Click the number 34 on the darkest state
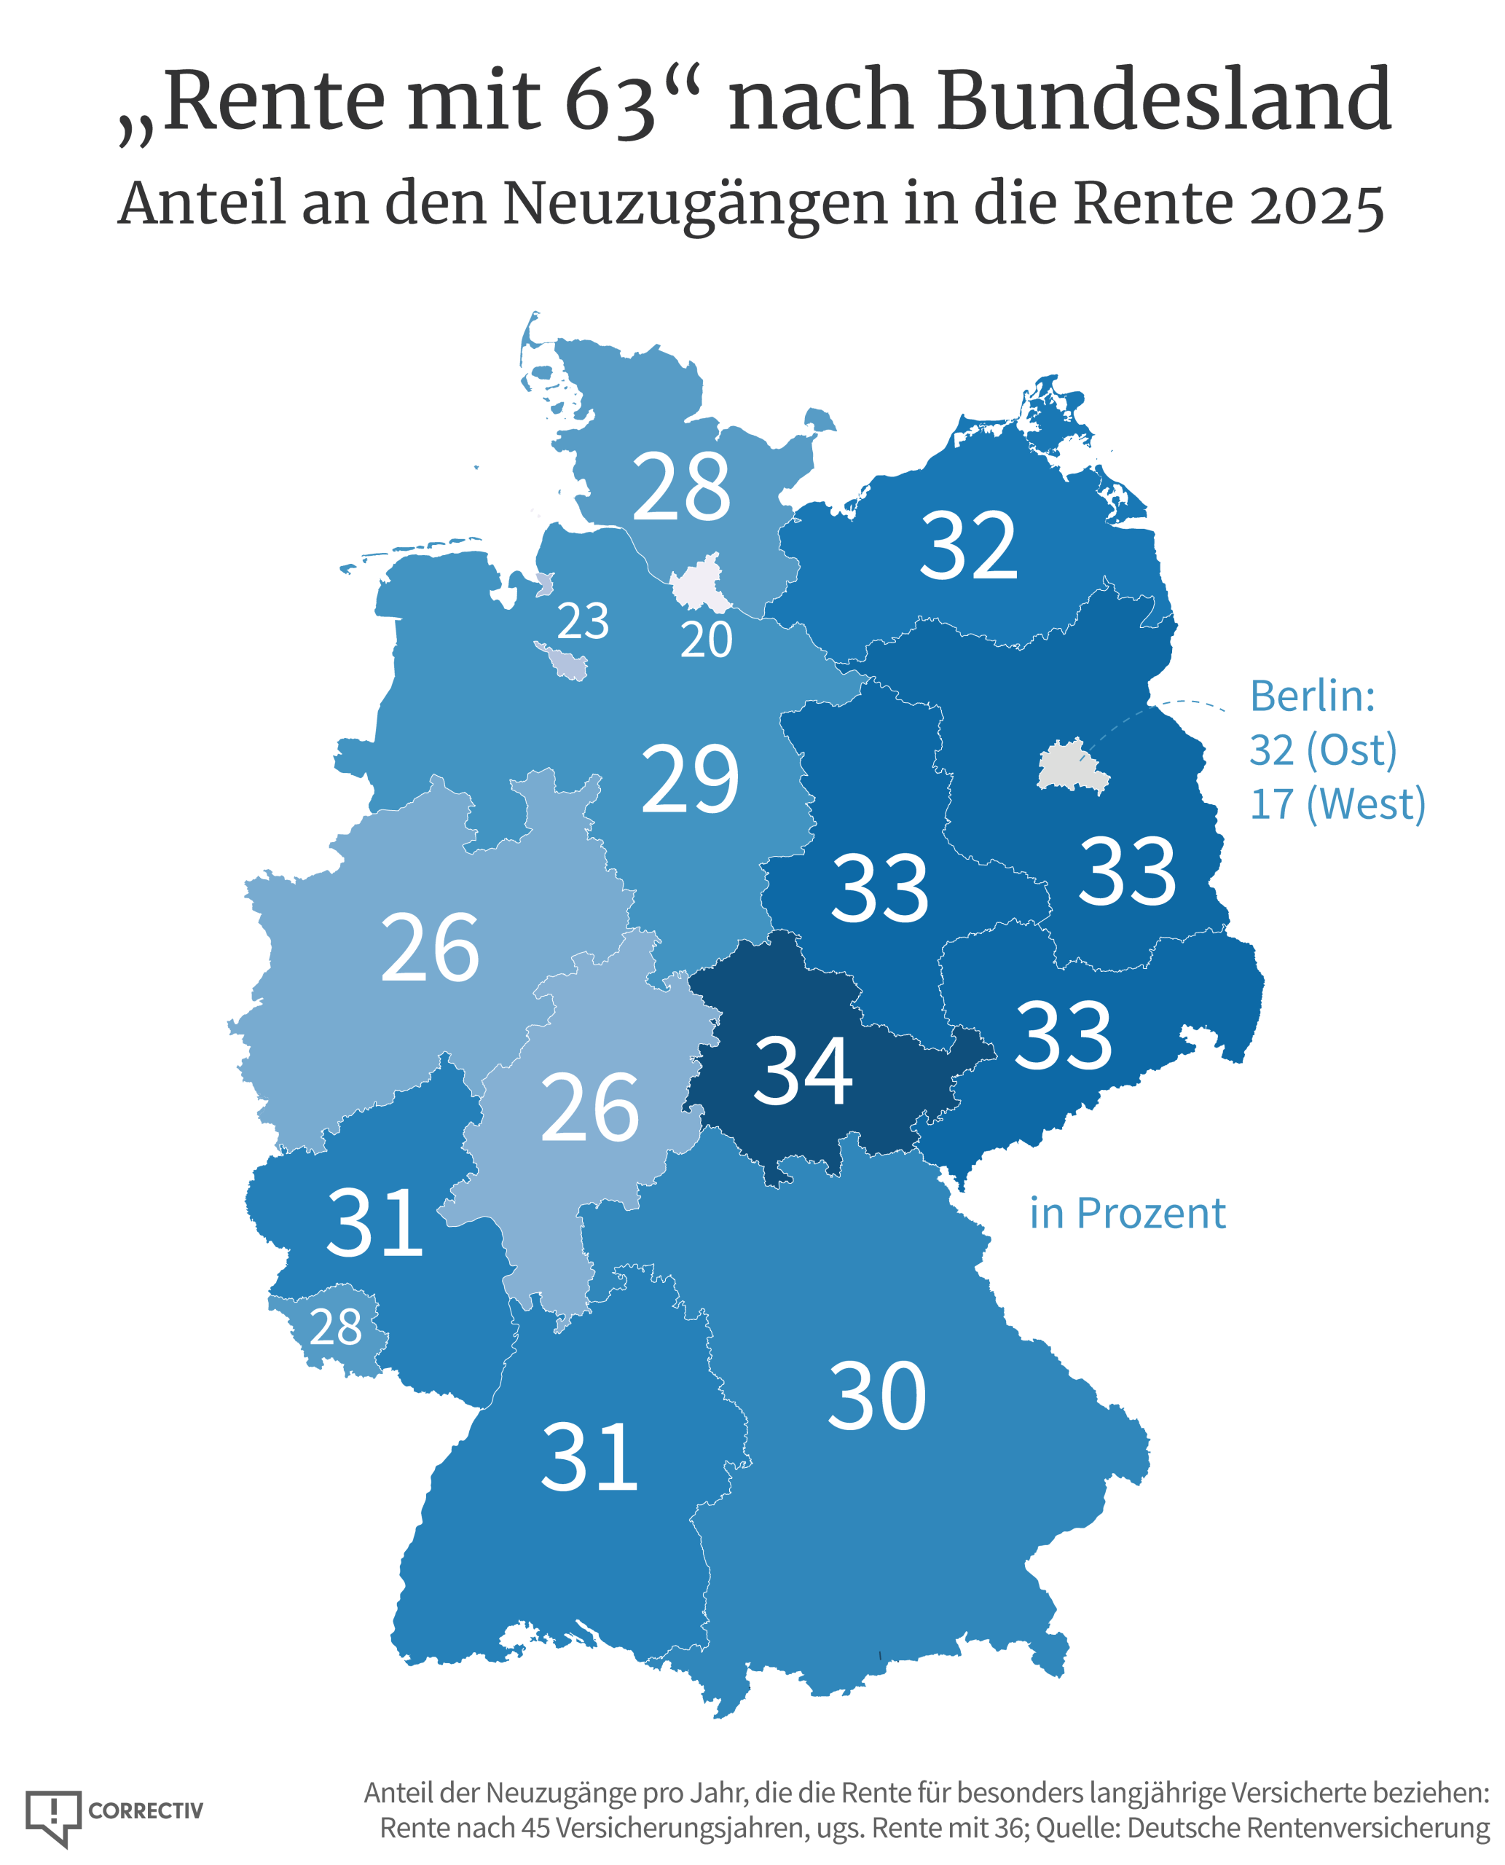(x=803, y=1072)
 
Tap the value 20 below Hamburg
(x=706, y=640)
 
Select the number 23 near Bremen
(x=583, y=621)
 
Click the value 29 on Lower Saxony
(x=690, y=780)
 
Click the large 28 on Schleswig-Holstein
(x=681, y=487)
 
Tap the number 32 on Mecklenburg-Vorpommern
(x=968, y=546)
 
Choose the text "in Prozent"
(x=1127, y=1213)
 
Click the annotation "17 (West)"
(x=1337, y=804)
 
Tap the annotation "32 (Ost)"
(x=1323, y=750)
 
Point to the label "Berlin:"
(x=1313, y=695)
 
